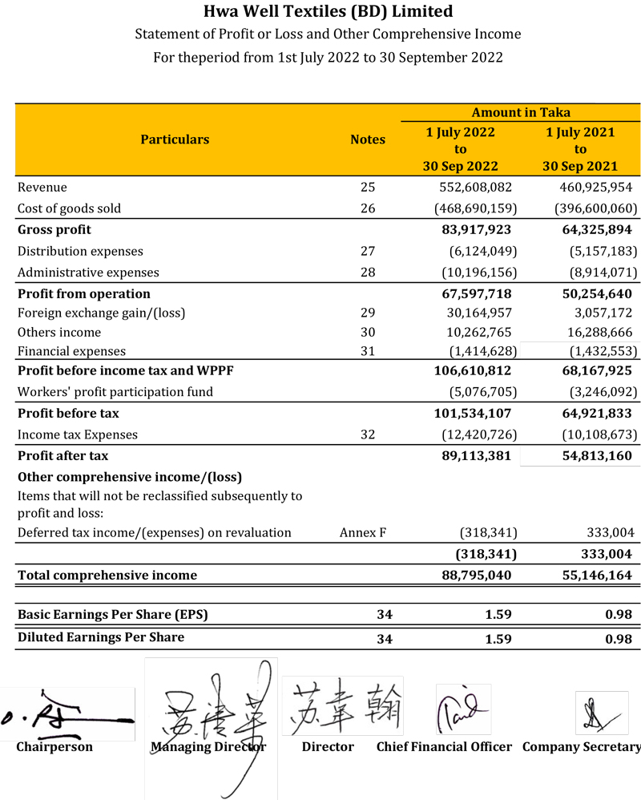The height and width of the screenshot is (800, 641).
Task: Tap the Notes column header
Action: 368,139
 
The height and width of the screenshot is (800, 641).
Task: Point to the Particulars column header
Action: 175,139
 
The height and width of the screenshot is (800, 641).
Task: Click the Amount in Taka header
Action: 521,112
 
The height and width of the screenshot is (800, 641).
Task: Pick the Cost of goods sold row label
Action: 69,208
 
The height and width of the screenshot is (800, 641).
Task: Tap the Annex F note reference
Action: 363,532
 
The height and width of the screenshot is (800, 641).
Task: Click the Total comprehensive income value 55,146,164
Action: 592,575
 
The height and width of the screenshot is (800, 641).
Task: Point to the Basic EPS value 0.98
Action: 619,615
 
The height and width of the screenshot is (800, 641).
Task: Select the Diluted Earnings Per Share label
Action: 101,637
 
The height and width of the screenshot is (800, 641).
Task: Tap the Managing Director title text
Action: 208,747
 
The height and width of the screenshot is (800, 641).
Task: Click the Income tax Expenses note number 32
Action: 368,434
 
